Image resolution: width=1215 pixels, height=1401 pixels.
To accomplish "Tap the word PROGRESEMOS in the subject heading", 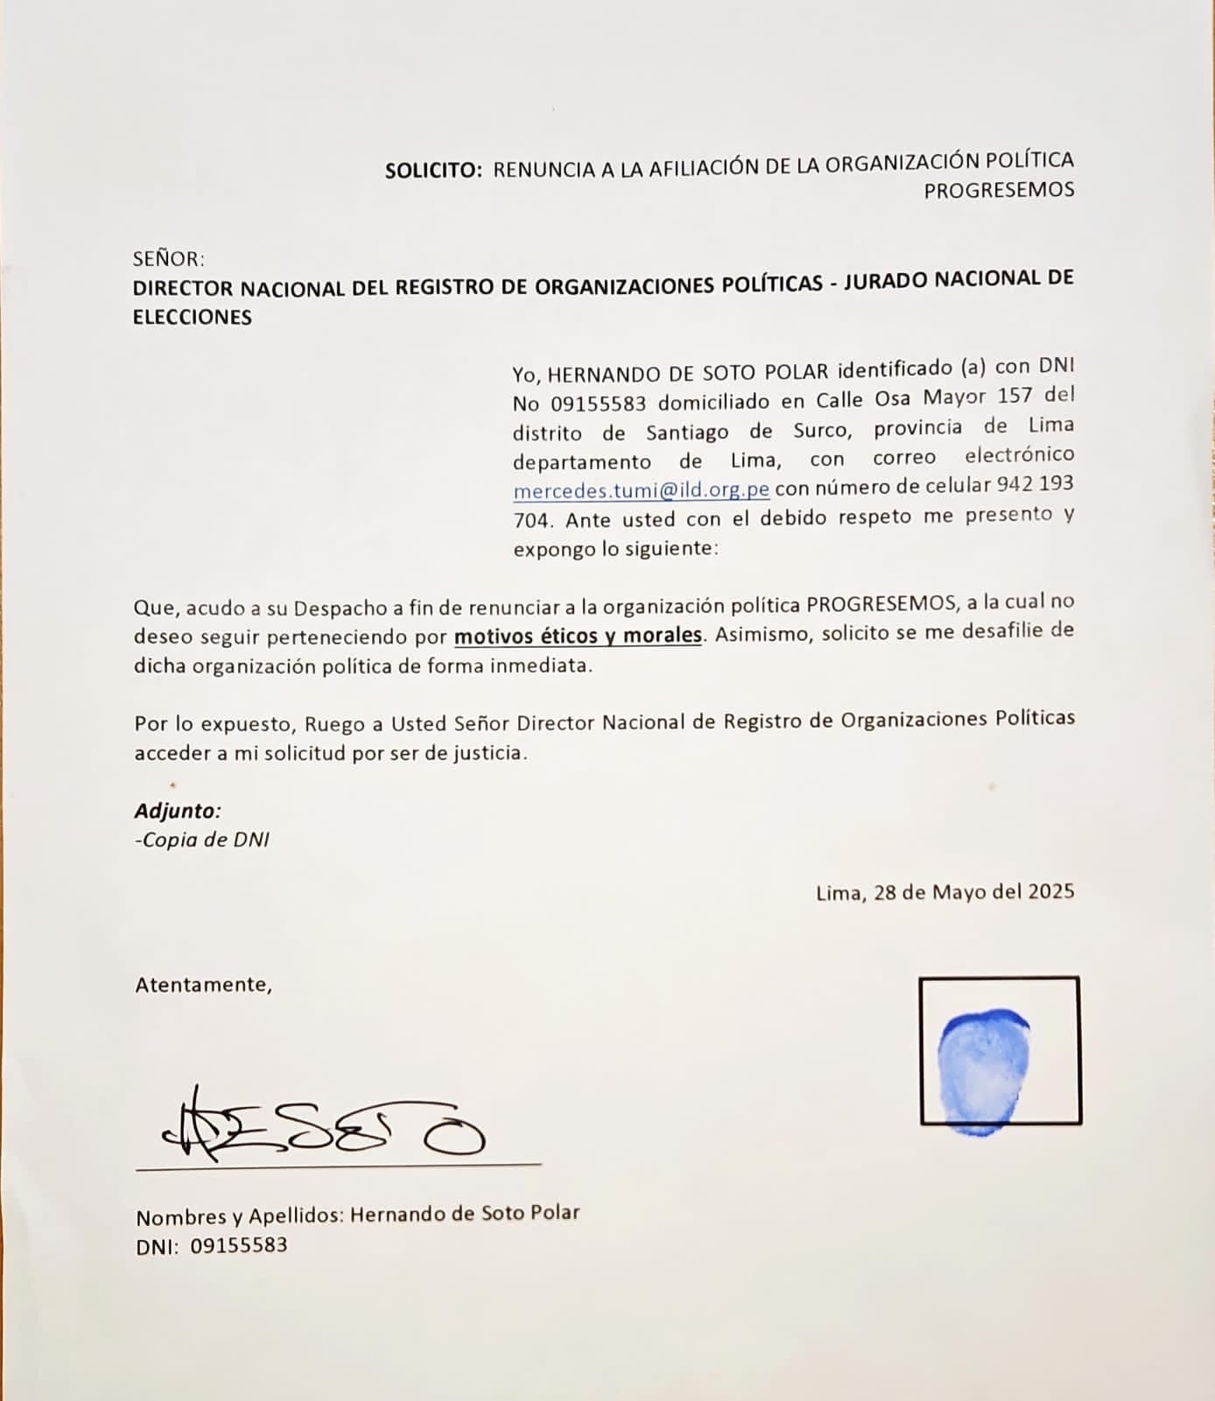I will point(999,190).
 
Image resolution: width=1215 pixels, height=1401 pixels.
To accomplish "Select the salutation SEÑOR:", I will point(168,259).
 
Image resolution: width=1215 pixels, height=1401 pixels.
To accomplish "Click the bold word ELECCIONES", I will point(193,318).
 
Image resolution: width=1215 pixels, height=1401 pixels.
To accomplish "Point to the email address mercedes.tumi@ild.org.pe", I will point(642,489).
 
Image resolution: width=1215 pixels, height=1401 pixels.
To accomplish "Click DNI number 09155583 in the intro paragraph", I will point(598,404).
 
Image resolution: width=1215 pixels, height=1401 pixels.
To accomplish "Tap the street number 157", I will point(1015,395).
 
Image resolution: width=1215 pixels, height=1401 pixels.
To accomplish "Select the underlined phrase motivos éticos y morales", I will point(578,635).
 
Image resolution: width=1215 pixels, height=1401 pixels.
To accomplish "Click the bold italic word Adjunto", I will point(177,811).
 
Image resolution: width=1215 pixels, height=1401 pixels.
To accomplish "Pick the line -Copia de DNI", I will point(202,840).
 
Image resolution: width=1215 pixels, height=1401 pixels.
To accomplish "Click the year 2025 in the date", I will point(1051,891).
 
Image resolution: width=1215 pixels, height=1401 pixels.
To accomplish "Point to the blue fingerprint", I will point(983,1071).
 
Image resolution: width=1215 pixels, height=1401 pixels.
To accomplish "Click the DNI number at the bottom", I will point(238,1245).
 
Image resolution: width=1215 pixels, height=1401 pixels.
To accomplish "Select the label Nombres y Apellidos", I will point(239,1216).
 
